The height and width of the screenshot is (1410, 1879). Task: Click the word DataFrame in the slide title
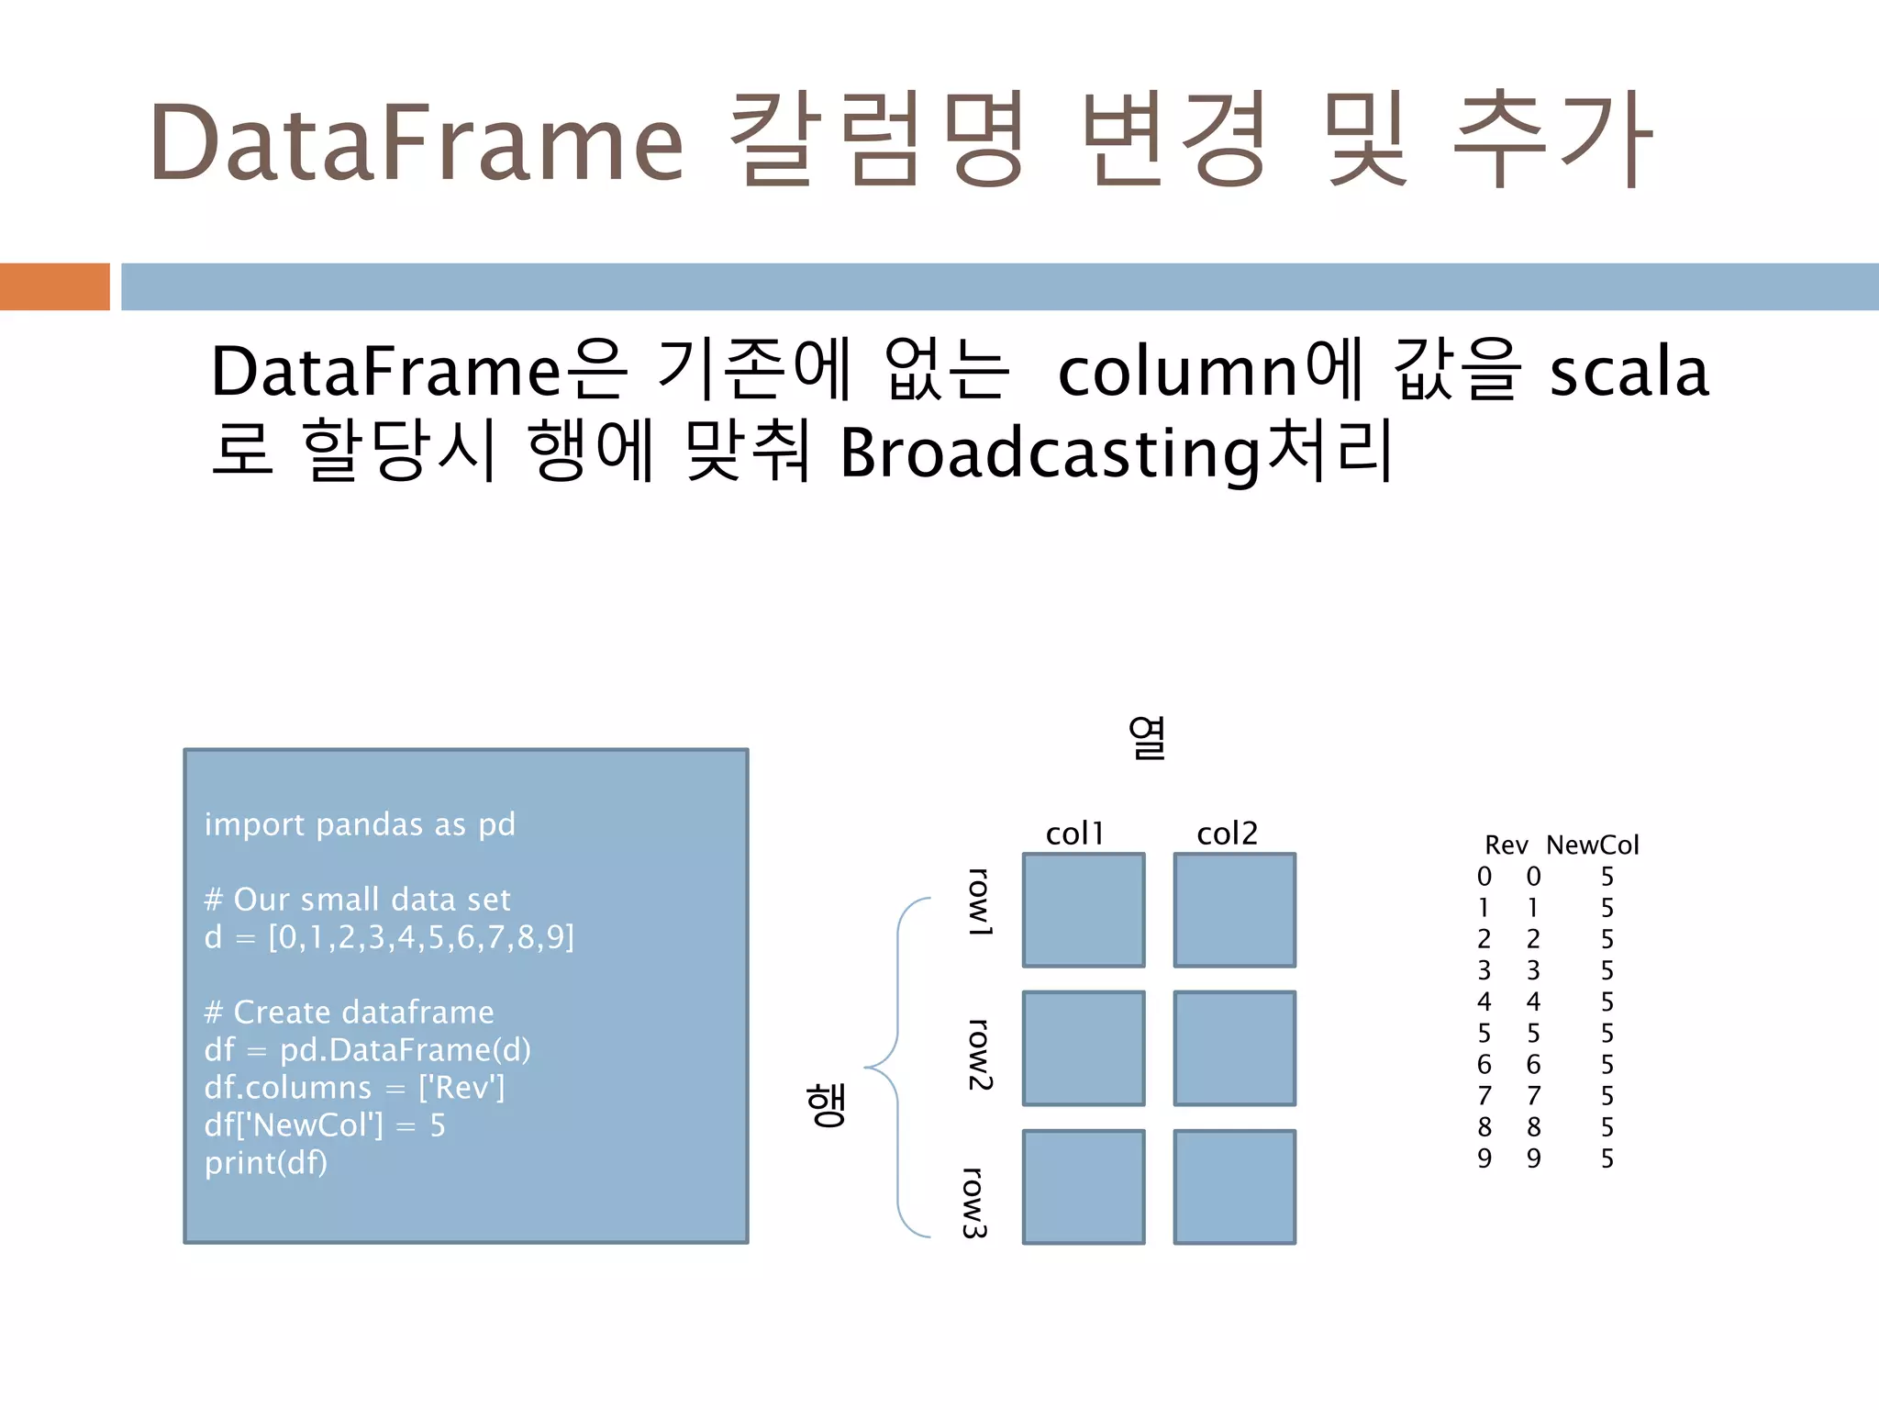click(417, 143)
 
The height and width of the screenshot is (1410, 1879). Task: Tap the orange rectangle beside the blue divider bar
click(54, 286)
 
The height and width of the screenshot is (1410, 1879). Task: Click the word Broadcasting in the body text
click(1050, 453)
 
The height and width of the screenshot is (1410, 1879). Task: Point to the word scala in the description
click(1629, 372)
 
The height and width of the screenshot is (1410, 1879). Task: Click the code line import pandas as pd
click(360, 824)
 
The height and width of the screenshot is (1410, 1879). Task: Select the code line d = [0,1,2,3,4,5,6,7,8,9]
click(389, 937)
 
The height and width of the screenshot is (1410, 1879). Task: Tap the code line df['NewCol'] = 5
click(325, 1125)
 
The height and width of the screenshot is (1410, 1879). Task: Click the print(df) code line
click(266, 1163)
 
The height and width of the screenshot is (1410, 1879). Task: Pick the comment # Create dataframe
click(349, 1013)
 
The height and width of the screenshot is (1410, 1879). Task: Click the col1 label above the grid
click(1074, 834)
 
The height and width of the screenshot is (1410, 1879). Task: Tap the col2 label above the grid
click(1227, 834)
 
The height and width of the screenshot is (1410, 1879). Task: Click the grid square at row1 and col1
click(1084, 910)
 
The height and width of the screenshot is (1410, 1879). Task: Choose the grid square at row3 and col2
click(1234, 1187)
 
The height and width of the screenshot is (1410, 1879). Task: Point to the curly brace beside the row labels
click(895, 1068)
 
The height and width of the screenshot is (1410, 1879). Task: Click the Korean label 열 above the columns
click(1147, 737)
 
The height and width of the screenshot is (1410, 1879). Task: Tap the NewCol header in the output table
click(1592, 845)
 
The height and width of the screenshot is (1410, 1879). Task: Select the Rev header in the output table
click(1506, 845)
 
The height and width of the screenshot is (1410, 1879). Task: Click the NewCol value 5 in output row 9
click(1607, 1158)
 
